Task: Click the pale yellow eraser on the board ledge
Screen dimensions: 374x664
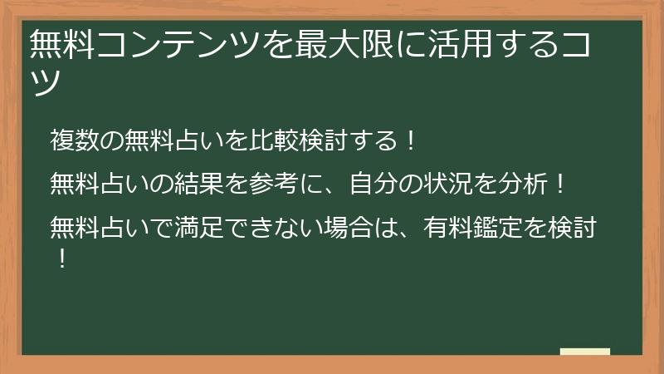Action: click(585, 352)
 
